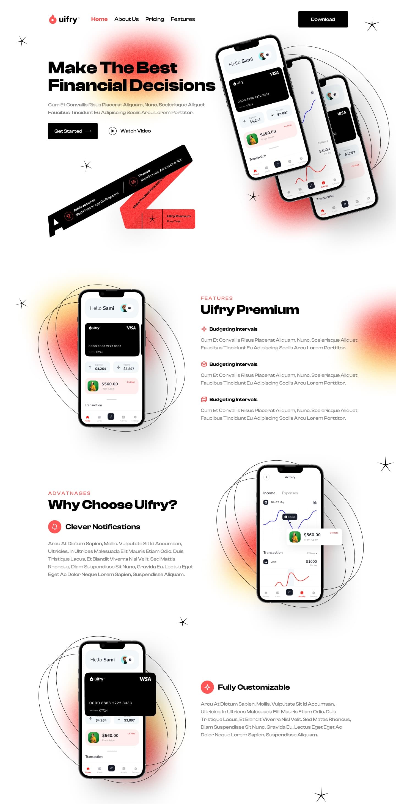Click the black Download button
point(323,19)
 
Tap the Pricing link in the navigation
point(155,19)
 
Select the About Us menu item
point(126,19)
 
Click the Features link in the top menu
point(183,19)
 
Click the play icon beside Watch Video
point(112,131)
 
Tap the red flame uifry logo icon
point(53,19)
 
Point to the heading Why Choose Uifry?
point(112,505)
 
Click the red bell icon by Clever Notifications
point(55,527)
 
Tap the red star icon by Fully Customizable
point(207,687)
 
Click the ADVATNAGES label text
point(69,493)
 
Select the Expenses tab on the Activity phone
point(290,493)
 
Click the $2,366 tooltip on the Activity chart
point(290,517)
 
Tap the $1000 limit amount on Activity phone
point(311,562)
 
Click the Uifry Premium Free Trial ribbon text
point(178,219)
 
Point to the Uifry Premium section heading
point(249,310)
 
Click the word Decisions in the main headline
point(172,85)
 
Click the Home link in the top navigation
point(99,19)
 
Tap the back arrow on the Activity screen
point(266,477)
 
